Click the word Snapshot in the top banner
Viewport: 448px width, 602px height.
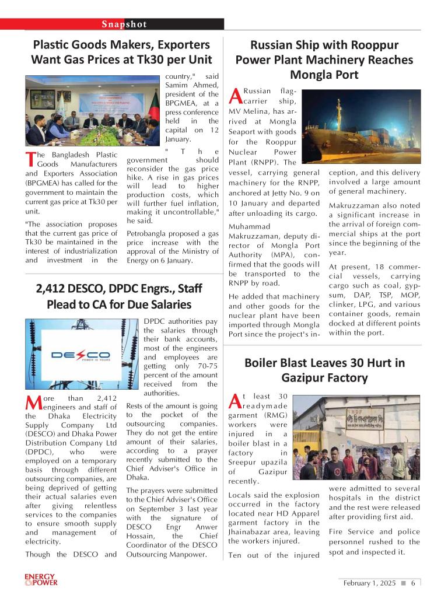point(124,24)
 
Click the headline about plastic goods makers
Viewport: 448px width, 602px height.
point(121,52)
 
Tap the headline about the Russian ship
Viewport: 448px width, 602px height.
point(324,60)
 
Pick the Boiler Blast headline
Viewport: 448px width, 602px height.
point(324,370)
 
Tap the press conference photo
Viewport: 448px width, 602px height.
point(92,111)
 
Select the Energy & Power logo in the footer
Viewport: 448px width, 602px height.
point(41,580)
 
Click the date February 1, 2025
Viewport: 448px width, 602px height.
point(369,583)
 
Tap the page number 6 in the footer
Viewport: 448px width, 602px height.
point(413,583)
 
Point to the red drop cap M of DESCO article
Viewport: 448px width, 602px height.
point(33,402)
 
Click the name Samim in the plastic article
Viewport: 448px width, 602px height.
point(177,85)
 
